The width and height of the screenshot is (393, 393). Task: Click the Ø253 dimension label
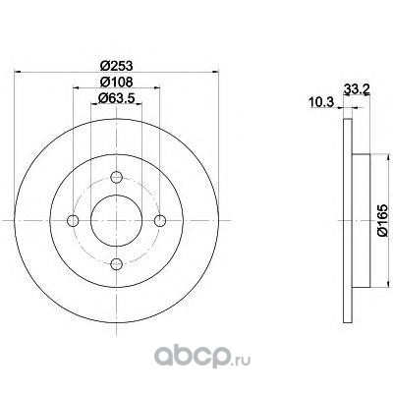pyautogui.click(x=116, y=66)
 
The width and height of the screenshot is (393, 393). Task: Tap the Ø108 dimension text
pyautogui.click(x=116, y=82)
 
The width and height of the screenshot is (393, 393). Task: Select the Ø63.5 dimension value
pyautogui.click(x=116, y=98)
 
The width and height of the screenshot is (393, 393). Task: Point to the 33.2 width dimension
pyautogui.click(x=357, y=88)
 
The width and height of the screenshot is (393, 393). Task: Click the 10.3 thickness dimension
pyautogui.click(x=321, y=102)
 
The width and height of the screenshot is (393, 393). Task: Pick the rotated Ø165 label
pyautogui.click(x=382, y=220)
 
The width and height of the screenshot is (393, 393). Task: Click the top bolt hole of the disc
pyautogui.click(x=116, y=177)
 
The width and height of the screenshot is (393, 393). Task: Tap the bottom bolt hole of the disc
pyautogui.click(x=116, y=263)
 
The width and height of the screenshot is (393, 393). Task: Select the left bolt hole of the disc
pyautogui.click(x=73, y=220)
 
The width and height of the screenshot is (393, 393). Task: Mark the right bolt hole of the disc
pyautogui.click(x=160, y=220)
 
